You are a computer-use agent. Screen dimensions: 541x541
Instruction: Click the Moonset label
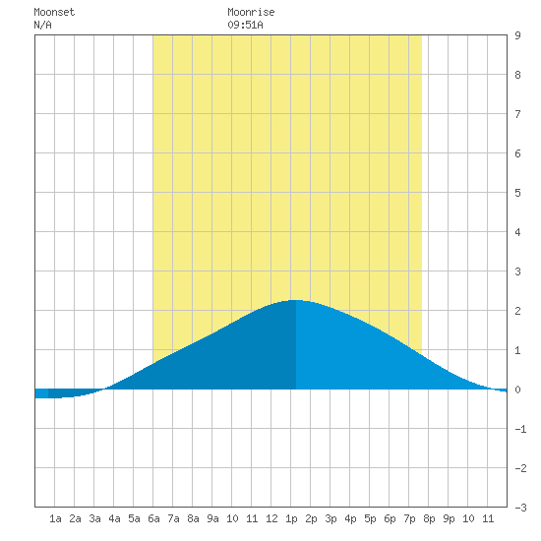coord(54,12)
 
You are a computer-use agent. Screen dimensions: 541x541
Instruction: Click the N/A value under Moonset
coord(42,25)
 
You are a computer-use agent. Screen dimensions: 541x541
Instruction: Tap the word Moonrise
coord(251,12)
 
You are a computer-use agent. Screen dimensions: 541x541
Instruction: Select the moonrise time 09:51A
coord(245,25)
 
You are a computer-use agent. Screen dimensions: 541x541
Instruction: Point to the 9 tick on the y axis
coord(517,35)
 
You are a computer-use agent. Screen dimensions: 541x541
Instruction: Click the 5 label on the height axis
coord(517,193)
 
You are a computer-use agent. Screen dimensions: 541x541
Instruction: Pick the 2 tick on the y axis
coord(517,311)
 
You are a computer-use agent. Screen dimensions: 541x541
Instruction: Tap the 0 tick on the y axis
coord(517,390)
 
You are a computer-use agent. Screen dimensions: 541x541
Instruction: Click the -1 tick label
coord(520,429)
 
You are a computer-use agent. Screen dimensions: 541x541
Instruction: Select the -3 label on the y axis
coord(520,508)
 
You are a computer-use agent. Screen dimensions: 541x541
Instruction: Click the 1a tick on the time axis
coord(55,518)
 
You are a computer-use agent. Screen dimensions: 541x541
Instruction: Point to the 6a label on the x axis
coord(153,518)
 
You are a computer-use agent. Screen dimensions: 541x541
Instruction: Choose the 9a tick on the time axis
coord(212,518)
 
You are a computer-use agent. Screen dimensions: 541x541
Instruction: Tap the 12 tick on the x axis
coord(271,518)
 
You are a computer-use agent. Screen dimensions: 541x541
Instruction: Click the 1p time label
coord(291,518)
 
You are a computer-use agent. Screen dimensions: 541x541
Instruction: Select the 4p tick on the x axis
coord(350,518)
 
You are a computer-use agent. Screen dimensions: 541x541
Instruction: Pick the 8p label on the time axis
coord(429,518)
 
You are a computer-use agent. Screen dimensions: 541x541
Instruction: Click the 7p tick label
coord(409,518)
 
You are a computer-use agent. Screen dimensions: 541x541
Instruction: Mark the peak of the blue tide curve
coord(296,300)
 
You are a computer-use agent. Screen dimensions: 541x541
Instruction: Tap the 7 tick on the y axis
coord(517,114)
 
